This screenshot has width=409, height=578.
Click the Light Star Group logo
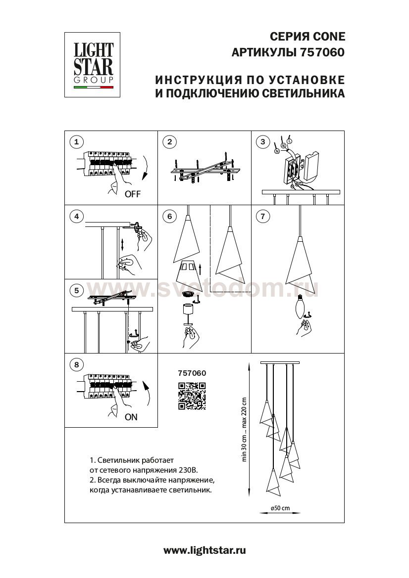coord(94,64)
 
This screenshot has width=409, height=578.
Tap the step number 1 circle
coord(76,142)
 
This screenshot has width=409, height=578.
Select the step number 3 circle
coord(263,142)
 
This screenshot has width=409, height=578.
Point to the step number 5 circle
coord(76,290)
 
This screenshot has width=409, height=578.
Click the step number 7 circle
coord(263,216)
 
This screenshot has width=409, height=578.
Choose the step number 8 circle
coord(76,365)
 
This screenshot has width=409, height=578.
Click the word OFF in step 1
coord(132,194)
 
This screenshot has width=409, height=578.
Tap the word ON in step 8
coord(131,417)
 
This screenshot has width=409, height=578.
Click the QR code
coord(192,396)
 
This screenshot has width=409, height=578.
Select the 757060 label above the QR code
coord(192,374)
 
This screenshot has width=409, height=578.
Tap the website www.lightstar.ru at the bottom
coord(204,550)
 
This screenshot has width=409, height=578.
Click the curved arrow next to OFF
coord(146,170)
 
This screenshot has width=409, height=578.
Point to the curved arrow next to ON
coord(146,393)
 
